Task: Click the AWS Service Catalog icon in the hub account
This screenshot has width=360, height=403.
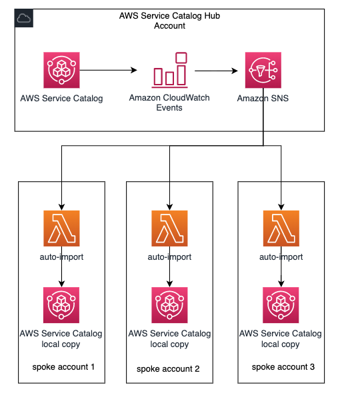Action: [61, 70]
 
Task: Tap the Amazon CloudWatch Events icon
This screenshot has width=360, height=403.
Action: [169, 70]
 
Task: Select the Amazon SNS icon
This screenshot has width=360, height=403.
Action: [263, 70]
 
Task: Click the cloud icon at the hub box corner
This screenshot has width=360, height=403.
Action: [24, 18]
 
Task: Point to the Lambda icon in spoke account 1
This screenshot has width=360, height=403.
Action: [61, 228]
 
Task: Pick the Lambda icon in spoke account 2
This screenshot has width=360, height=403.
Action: [169, 228]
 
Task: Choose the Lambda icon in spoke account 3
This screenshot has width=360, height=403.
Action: [281, 228]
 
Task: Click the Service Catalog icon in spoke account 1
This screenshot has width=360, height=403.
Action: [61, 305]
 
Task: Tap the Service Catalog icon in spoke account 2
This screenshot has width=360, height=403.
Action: [169, 305]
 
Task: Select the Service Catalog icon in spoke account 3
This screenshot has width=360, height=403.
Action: [281, 305]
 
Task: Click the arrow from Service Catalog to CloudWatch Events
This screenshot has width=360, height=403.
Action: [108, 70]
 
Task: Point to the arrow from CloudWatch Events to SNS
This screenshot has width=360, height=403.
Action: [216, 71]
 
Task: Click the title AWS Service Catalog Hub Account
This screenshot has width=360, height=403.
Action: [169, 21]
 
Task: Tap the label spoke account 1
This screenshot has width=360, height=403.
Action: [63, 367]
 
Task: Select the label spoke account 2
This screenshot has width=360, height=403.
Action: [168, 369]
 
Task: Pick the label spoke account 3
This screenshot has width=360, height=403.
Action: [283, 367]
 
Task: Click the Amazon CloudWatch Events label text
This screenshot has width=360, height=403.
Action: [169, 103]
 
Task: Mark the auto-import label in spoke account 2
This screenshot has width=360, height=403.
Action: [169, 256]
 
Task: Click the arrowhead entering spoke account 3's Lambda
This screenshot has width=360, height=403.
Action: [281, 207]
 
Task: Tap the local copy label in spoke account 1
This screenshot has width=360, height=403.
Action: [61, 344]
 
